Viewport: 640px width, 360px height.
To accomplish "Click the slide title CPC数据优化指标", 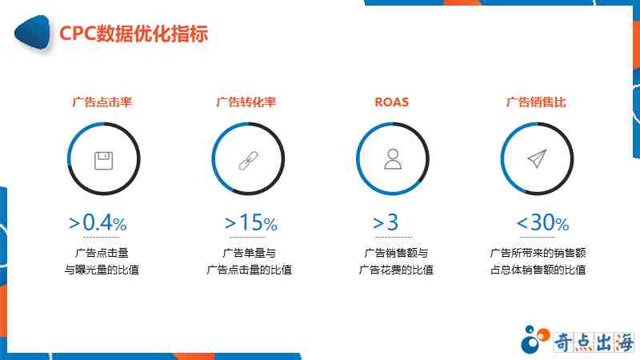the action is pos(134,34).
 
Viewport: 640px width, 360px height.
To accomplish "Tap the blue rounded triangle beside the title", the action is pos(32,33).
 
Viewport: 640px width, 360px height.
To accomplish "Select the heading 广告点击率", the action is pos(102,102).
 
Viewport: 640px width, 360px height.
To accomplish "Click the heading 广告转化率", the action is pos(246,102).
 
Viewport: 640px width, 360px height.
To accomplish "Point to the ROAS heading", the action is pos(391,102).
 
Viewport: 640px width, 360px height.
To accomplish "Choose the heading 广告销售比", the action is pos(536,102).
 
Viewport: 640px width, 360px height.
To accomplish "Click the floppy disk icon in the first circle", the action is pos(104,161).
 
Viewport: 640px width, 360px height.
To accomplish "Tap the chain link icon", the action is pos(248,161).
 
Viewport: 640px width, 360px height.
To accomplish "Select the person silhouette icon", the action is pos(393,159).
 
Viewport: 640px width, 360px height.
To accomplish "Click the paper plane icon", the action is pos(537,158).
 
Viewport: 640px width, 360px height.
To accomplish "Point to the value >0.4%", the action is pos(98,223).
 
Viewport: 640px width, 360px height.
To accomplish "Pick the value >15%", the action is pos(251,223).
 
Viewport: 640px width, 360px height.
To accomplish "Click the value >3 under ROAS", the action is pos(386,223).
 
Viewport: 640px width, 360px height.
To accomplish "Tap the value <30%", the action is pos(542,223).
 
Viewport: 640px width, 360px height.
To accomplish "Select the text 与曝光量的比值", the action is pos(102,270).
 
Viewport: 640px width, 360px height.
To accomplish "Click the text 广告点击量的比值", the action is pos(249,270).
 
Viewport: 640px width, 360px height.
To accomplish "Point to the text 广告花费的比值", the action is pos(396,270).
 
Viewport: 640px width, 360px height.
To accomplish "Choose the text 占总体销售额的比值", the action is pos(538,270).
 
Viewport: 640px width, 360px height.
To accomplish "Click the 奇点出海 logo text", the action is pos(594,342).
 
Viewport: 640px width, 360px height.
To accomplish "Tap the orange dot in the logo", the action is pos(543,334).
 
